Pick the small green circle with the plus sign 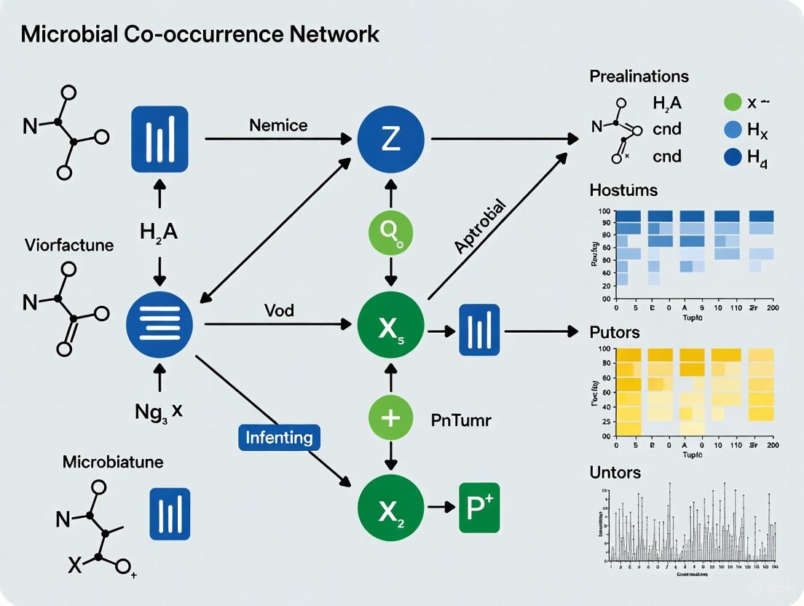[x=391, y=418]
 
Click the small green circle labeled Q [x=391, y=233]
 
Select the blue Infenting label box [x=280, y=438]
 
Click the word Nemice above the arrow [x=278, y=125]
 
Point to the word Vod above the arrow [x=280, y=310]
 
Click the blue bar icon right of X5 [x=479, y=329]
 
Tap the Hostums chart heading [x=623, y=191]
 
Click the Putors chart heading [x=615, y=332]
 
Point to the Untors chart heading [x=615, y=472]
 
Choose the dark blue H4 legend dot [x=733, y=157]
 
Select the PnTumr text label [x=461, y=420]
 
